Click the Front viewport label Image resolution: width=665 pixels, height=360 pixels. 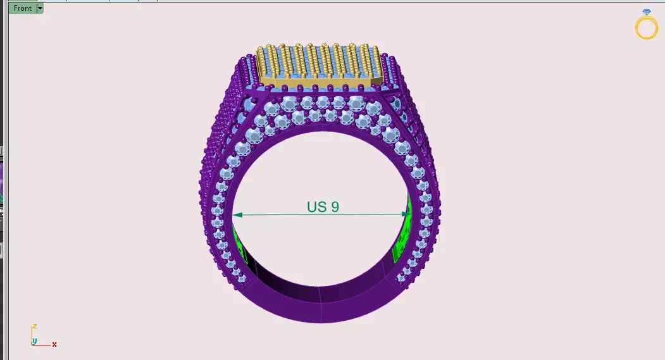point(23,8)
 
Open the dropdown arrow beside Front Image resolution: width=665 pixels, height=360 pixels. point(40,8)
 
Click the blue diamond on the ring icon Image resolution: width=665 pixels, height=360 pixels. point(646,13)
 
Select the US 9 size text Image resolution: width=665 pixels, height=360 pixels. point(323,207)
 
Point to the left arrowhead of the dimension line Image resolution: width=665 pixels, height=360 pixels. point(237,215)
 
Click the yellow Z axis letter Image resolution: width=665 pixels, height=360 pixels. point(35,326)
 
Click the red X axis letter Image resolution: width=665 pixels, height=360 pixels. point(54,344)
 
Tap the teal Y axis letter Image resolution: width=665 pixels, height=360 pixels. point(35,342)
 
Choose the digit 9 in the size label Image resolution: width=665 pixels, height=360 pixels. point(335,207)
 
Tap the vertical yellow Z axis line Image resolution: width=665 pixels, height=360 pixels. point(32,335)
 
